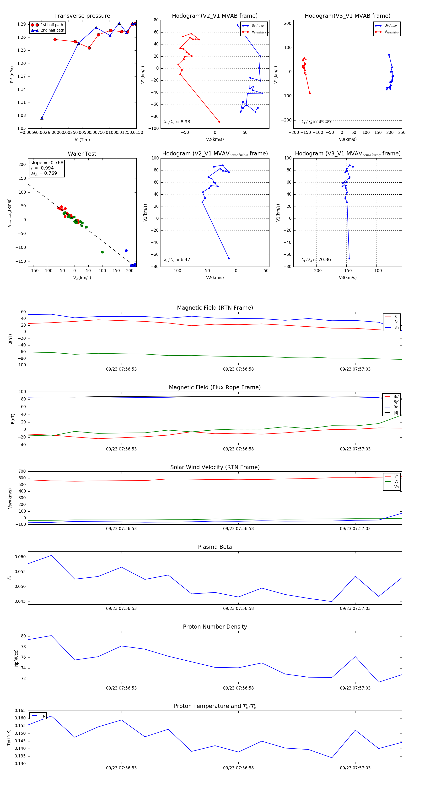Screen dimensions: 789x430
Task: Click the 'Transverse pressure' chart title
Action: point(82,16)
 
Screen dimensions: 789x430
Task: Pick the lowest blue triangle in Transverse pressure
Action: point(42,118)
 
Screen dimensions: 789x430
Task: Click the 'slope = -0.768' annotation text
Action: point(47,163)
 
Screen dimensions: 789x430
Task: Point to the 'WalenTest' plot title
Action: point(82,154)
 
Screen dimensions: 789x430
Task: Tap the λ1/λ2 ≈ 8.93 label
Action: point(177,122)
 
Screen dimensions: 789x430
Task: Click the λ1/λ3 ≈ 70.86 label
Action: point(316,260)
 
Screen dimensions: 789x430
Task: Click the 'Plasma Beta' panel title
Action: point(215,547)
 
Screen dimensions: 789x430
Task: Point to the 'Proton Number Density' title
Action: point(215,627)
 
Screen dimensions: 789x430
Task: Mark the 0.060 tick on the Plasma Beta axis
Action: point(20,557)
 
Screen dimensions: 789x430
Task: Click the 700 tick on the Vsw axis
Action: point(22,471)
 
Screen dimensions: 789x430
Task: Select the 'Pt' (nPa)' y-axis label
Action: point(12,74)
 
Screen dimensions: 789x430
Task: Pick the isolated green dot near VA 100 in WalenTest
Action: point(102,252)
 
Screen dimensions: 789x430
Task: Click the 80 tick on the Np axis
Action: point(23,636)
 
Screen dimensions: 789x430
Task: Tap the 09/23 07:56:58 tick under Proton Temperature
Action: point(238,768)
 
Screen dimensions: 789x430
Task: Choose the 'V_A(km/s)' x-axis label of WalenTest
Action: point(82,278)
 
